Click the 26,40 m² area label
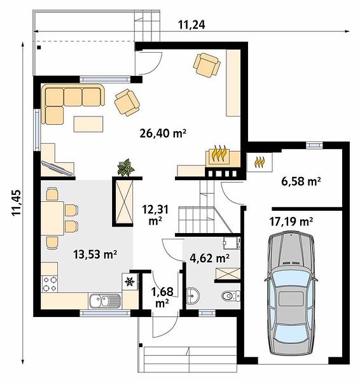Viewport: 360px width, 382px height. (163, 133)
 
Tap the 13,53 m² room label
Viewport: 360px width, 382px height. (95, 255)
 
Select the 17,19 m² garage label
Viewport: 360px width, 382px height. (291, 222)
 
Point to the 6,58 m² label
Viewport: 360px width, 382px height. (301, 181)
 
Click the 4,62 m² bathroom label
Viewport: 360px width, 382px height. (209, 258)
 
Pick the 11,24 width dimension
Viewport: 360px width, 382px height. (191, 25)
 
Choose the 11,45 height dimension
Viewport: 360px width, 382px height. (17, 202)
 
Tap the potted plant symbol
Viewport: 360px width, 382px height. (126, 167)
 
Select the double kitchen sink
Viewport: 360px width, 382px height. (105, 301)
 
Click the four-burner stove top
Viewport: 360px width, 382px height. (50, 283)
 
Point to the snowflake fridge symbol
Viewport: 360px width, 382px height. (130, 281)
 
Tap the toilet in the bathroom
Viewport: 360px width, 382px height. (231, 296)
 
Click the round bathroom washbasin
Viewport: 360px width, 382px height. (193, 296)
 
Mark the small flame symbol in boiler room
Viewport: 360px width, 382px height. (260, 162)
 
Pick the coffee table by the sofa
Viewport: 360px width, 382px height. (88, 124)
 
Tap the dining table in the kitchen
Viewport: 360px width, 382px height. (52, 218)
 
